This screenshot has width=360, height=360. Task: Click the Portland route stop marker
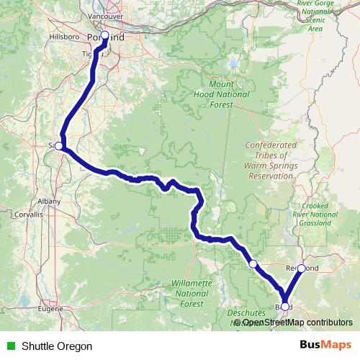104,35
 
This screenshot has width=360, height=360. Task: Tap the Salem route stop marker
59,145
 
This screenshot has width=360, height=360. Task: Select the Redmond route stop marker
302,268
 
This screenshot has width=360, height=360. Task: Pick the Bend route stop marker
284,307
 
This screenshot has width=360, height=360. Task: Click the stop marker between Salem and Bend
253,264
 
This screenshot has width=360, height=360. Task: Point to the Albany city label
50,201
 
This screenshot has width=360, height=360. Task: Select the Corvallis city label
29,215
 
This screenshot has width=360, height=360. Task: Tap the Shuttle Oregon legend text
57,346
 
